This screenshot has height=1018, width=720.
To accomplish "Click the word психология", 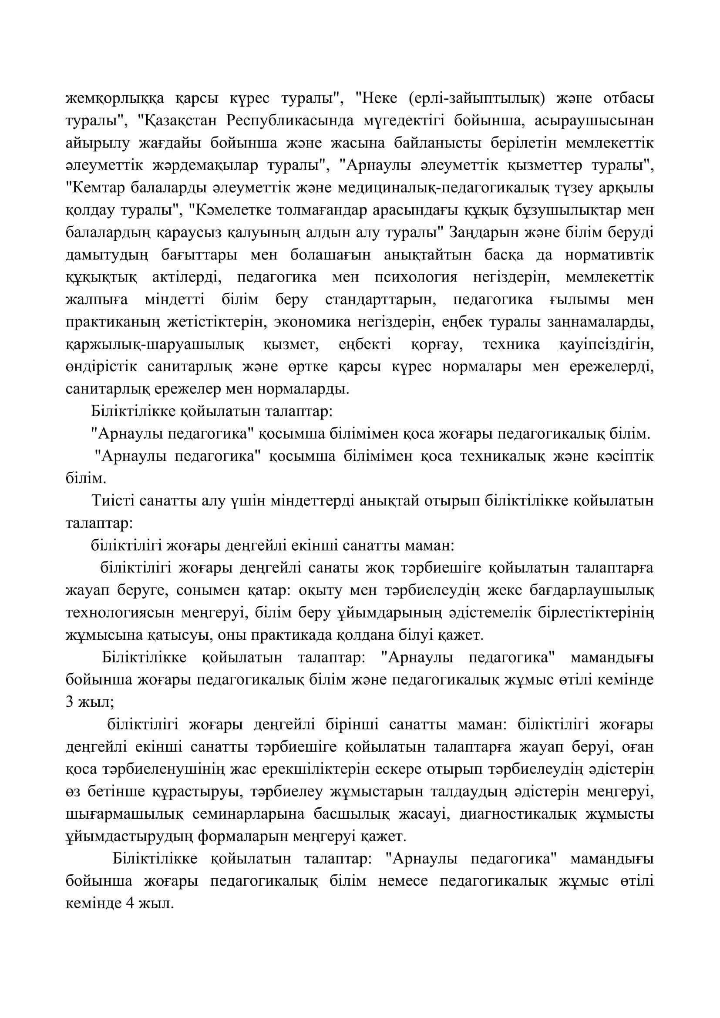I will tap(416, 278).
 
